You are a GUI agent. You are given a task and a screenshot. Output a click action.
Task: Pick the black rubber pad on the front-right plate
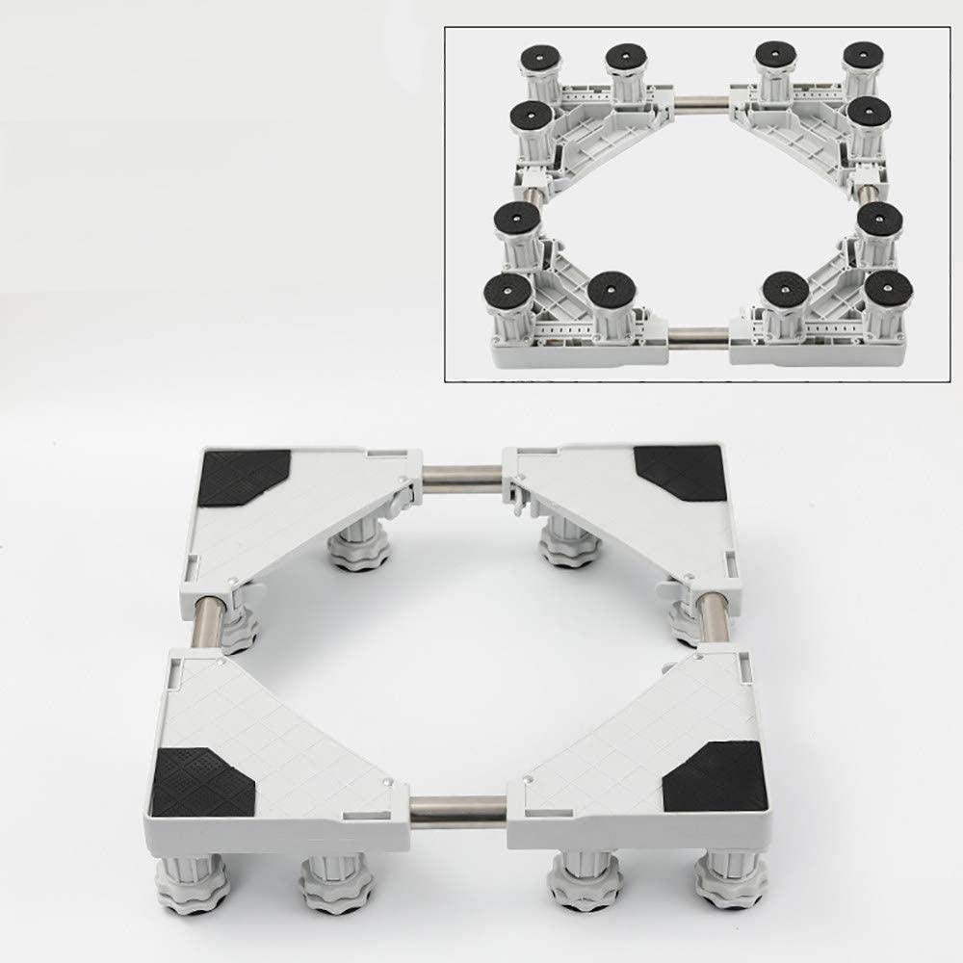pos(714,777)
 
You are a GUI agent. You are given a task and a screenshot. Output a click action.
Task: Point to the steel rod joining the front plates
pos(458,805)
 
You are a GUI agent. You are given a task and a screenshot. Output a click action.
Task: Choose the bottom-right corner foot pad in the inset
pos(889,293)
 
